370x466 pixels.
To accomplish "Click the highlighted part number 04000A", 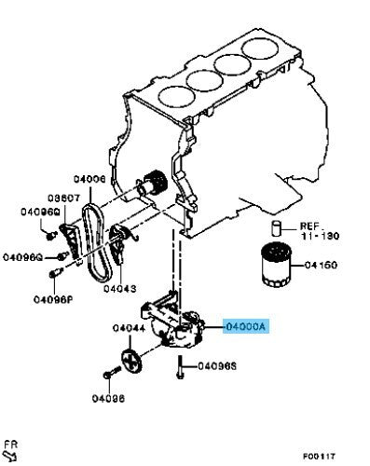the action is click(246, 326).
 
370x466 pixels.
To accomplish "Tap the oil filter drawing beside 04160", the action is click(276, 265).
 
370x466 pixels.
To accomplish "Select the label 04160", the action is click(321, 265).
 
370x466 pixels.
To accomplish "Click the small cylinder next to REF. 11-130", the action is click(276, 229).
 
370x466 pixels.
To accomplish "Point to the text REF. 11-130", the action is click(320, 231).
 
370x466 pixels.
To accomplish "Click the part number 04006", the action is click(89, 179).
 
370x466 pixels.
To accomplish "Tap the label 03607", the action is click(63, 198).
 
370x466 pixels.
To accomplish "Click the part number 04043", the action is click(120, 289).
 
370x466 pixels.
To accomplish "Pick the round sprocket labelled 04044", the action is click(131, 361).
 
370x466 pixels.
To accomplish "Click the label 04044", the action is click(129, 328).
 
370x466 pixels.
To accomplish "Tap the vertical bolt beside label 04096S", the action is click(180, 367).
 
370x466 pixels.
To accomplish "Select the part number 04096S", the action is click(217, 366).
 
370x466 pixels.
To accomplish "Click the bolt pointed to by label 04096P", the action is click(55, 272).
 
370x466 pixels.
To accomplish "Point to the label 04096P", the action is click(53, 300).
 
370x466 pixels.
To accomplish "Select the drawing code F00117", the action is click(319, 456).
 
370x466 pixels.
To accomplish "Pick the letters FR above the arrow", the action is click(11, 445).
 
